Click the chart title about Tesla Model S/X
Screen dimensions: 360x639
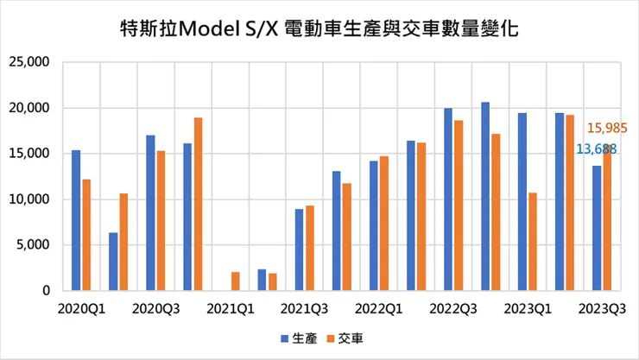319,28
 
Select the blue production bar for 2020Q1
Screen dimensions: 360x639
76,220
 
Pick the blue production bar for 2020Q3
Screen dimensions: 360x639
150,213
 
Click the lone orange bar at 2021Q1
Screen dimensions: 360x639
236,281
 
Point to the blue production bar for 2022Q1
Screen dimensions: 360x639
374,226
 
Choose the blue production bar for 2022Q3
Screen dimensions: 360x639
448,199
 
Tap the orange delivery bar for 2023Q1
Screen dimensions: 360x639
533,242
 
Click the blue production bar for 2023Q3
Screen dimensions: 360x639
597,228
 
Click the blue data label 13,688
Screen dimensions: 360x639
596,149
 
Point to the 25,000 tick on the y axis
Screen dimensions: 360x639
28,62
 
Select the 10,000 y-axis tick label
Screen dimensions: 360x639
28,199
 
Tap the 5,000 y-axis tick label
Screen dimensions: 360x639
32,245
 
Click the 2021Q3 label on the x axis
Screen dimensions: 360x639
305,307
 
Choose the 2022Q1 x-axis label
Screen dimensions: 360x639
379,307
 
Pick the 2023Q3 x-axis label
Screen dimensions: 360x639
602,307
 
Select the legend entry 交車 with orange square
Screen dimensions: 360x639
344,338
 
